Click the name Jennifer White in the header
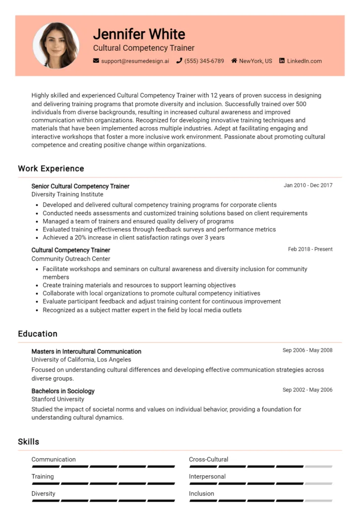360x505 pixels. tap(139, 34)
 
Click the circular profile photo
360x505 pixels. tap(56, 45)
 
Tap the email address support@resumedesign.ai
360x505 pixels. tap(135, 61)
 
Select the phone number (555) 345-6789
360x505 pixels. tap(204, 61)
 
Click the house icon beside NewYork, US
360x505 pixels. tap(234, 61)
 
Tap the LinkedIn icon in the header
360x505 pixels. tap(282, 61)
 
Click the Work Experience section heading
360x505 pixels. tap(51, 169)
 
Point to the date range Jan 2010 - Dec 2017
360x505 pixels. tap(308, 185)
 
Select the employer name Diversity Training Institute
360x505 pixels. tap(67, 194)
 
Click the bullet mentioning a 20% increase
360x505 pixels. tap(133, 237)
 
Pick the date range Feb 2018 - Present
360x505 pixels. tap(310, 249)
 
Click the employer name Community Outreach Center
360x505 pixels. tap(71, 258)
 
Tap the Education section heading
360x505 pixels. tap(37, 334)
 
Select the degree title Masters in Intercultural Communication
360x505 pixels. tap(86, 352)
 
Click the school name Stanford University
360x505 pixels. tap(58, 399)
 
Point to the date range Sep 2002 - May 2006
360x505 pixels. tap(307, 390)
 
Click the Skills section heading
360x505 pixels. tap(29, 442)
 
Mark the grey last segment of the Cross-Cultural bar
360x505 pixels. tap(318, 466)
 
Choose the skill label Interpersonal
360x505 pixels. tap(207, 476)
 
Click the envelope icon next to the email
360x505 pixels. tap(96, 61)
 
